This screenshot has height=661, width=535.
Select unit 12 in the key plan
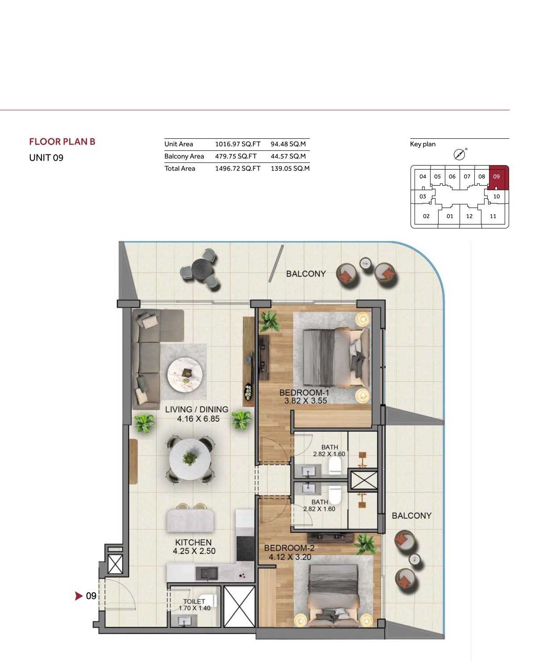click(x=469, y=216)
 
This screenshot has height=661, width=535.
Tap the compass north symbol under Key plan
click(x=459, y=154)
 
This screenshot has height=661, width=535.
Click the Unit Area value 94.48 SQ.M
click(x=288, y=144)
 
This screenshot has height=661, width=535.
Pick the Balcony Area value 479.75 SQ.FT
click(x=236, y=156)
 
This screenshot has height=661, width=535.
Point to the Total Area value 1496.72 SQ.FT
click(x=237, y=168)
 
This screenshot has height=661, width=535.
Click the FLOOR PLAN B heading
click(x=62, y=141)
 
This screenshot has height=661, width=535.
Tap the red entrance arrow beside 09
click(x=79, y=595)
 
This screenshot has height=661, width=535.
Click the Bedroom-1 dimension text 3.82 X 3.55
click(x=306, y=401)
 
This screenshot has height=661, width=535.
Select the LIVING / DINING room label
click(x=197, y=409)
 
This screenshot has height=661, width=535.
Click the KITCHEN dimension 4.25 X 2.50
click(x=194, y=551)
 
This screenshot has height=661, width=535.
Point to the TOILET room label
click(x=194, y=602)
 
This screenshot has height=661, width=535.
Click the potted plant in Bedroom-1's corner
click(x=269, y=321)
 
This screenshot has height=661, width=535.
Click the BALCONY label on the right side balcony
click(x=411, y=515)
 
